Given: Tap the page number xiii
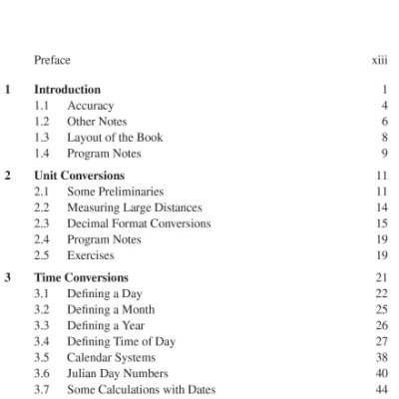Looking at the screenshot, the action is [x=379, y=60].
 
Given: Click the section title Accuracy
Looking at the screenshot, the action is [x=90, y=105].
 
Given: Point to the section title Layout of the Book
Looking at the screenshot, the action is [x=115, y=137].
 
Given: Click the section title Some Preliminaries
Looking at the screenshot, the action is [x=115, y=191].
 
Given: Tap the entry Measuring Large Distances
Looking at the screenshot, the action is [x=134, y=207].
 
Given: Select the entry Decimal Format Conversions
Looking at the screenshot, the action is [x=139, y=223].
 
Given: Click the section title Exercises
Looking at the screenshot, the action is [x=90, y=255].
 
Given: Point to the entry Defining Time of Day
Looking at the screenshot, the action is [x=121, y=341].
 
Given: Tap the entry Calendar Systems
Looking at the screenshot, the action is [x=111, y=357].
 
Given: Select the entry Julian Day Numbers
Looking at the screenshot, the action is [x=117, y=373].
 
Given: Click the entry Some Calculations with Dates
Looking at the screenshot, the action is [x=141, y=389].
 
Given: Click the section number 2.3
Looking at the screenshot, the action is [x=42, y=223].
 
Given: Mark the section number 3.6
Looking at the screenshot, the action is [x=42, y=373].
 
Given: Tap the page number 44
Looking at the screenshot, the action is [x=381, y=389].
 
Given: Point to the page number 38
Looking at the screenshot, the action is [x=381, y=357].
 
